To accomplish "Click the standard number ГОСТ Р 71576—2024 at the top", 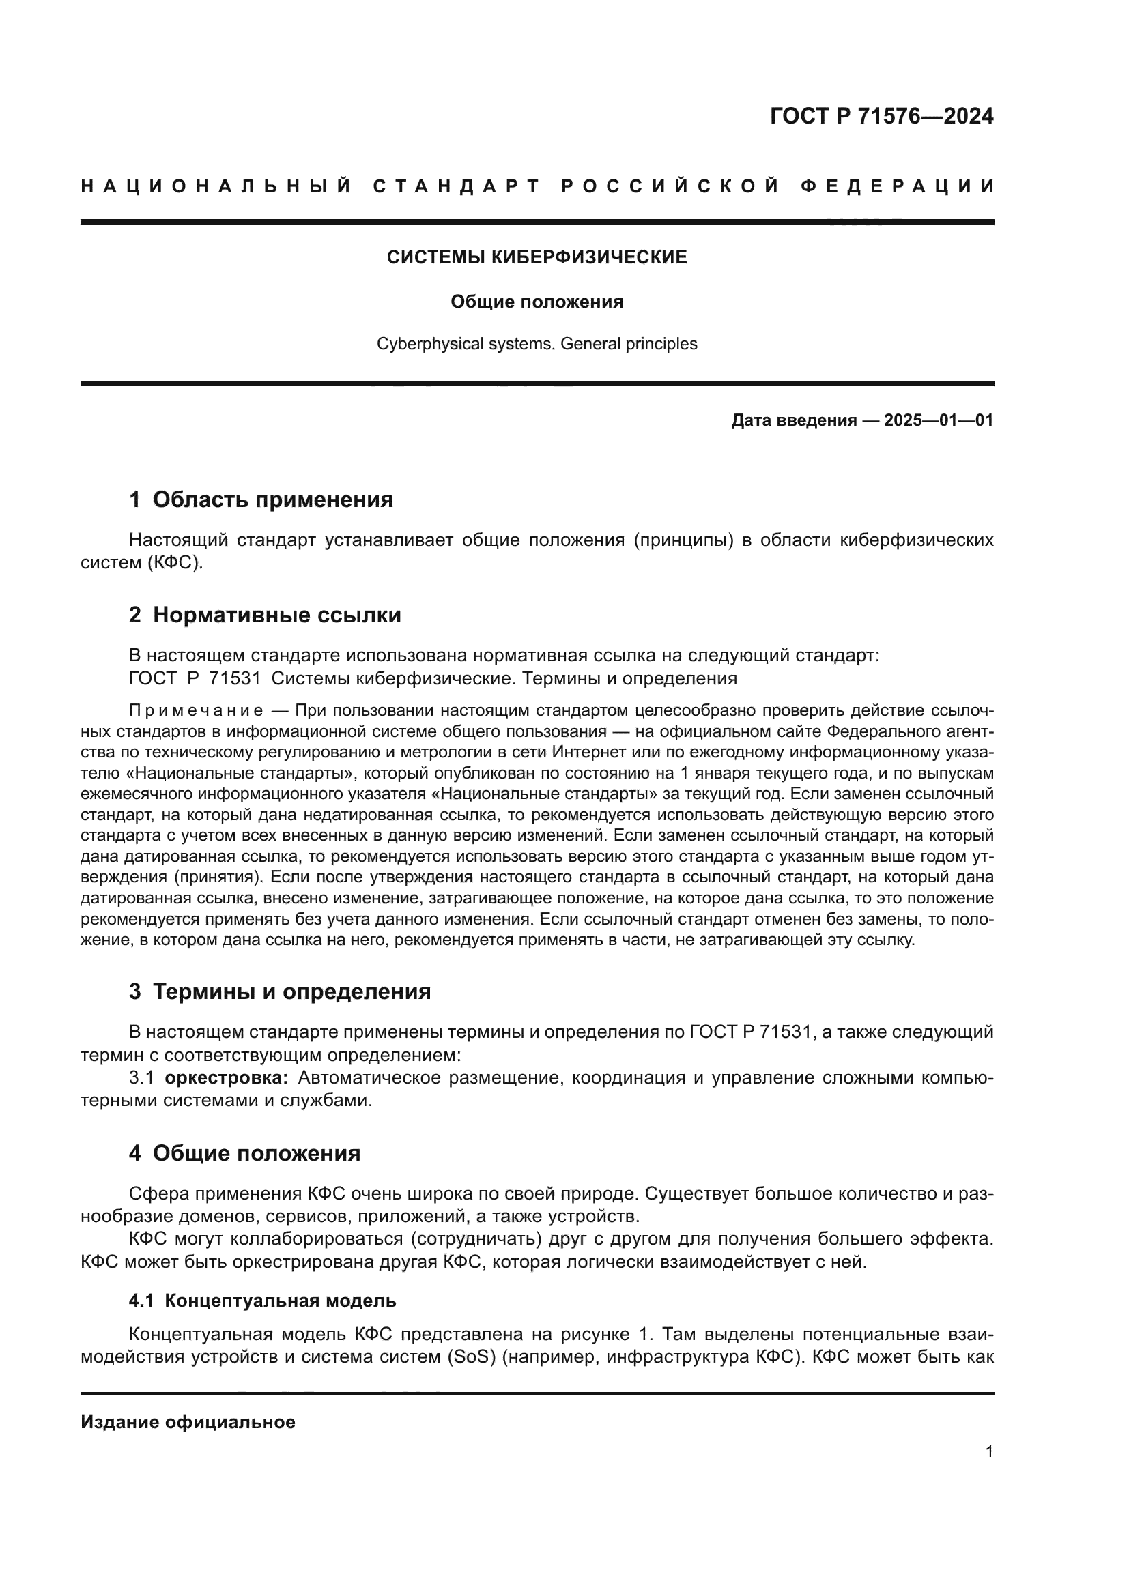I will pos(881,116).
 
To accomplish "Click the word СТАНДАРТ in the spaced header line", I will pos(456,186).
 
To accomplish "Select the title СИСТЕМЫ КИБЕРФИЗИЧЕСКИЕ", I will pos(537,258).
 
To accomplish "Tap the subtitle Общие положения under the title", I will pos(537,302).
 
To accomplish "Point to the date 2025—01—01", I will pos(938,420).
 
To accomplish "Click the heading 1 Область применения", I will pos(261,499).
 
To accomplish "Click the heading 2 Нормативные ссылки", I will pos(265,615).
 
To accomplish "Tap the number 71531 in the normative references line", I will pos(234,678).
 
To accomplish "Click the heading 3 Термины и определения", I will pos(279,992).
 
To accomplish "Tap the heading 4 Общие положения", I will pos(245,1154).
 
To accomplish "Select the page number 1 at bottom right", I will pos(988,1452).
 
